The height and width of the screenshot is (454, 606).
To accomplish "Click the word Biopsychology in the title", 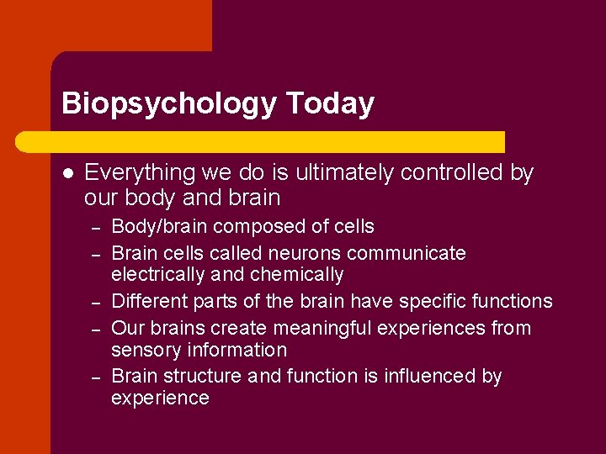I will pos(168,103).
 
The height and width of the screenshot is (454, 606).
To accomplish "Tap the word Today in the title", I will pos(330,103).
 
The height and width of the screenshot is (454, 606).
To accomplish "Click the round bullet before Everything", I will pos(67,173).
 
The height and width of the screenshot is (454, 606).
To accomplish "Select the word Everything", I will pos(140,172).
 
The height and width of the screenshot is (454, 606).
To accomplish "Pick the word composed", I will pos(250,226).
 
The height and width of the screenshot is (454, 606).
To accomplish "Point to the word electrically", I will pos(157,275).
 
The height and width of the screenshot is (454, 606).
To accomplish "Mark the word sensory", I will pos(144,350).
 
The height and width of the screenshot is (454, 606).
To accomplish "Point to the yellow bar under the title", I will pos(278,141).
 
